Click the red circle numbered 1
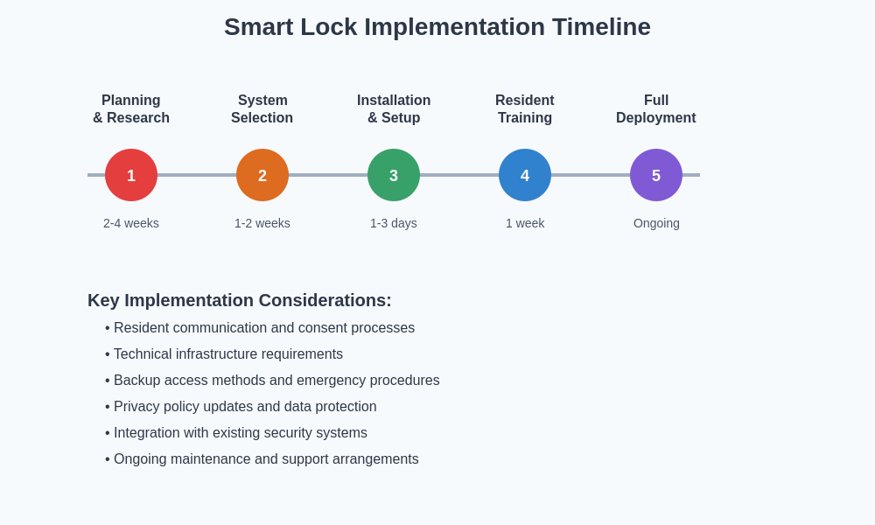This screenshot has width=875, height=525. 131,175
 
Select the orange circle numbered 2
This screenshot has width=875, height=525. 262,175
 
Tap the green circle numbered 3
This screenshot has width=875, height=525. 394,175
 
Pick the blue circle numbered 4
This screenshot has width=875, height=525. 525,175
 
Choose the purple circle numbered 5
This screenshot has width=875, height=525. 656,175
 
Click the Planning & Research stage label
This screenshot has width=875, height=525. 131,109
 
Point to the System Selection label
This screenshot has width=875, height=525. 262,109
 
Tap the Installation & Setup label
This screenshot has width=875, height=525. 394,109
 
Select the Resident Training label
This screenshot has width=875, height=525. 525,109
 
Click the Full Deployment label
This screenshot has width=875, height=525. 656,109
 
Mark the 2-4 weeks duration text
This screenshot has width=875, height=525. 131,223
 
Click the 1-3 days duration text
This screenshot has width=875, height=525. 394,223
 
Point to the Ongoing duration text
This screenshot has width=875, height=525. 656,223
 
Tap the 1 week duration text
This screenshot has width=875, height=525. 525,223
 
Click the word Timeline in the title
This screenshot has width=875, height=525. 601,27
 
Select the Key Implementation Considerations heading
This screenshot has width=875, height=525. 240,300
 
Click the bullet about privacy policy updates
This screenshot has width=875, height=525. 245,407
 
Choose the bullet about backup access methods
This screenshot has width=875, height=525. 276,381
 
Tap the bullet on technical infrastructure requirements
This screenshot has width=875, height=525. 227,354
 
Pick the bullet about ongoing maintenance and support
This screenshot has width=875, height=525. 266,459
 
